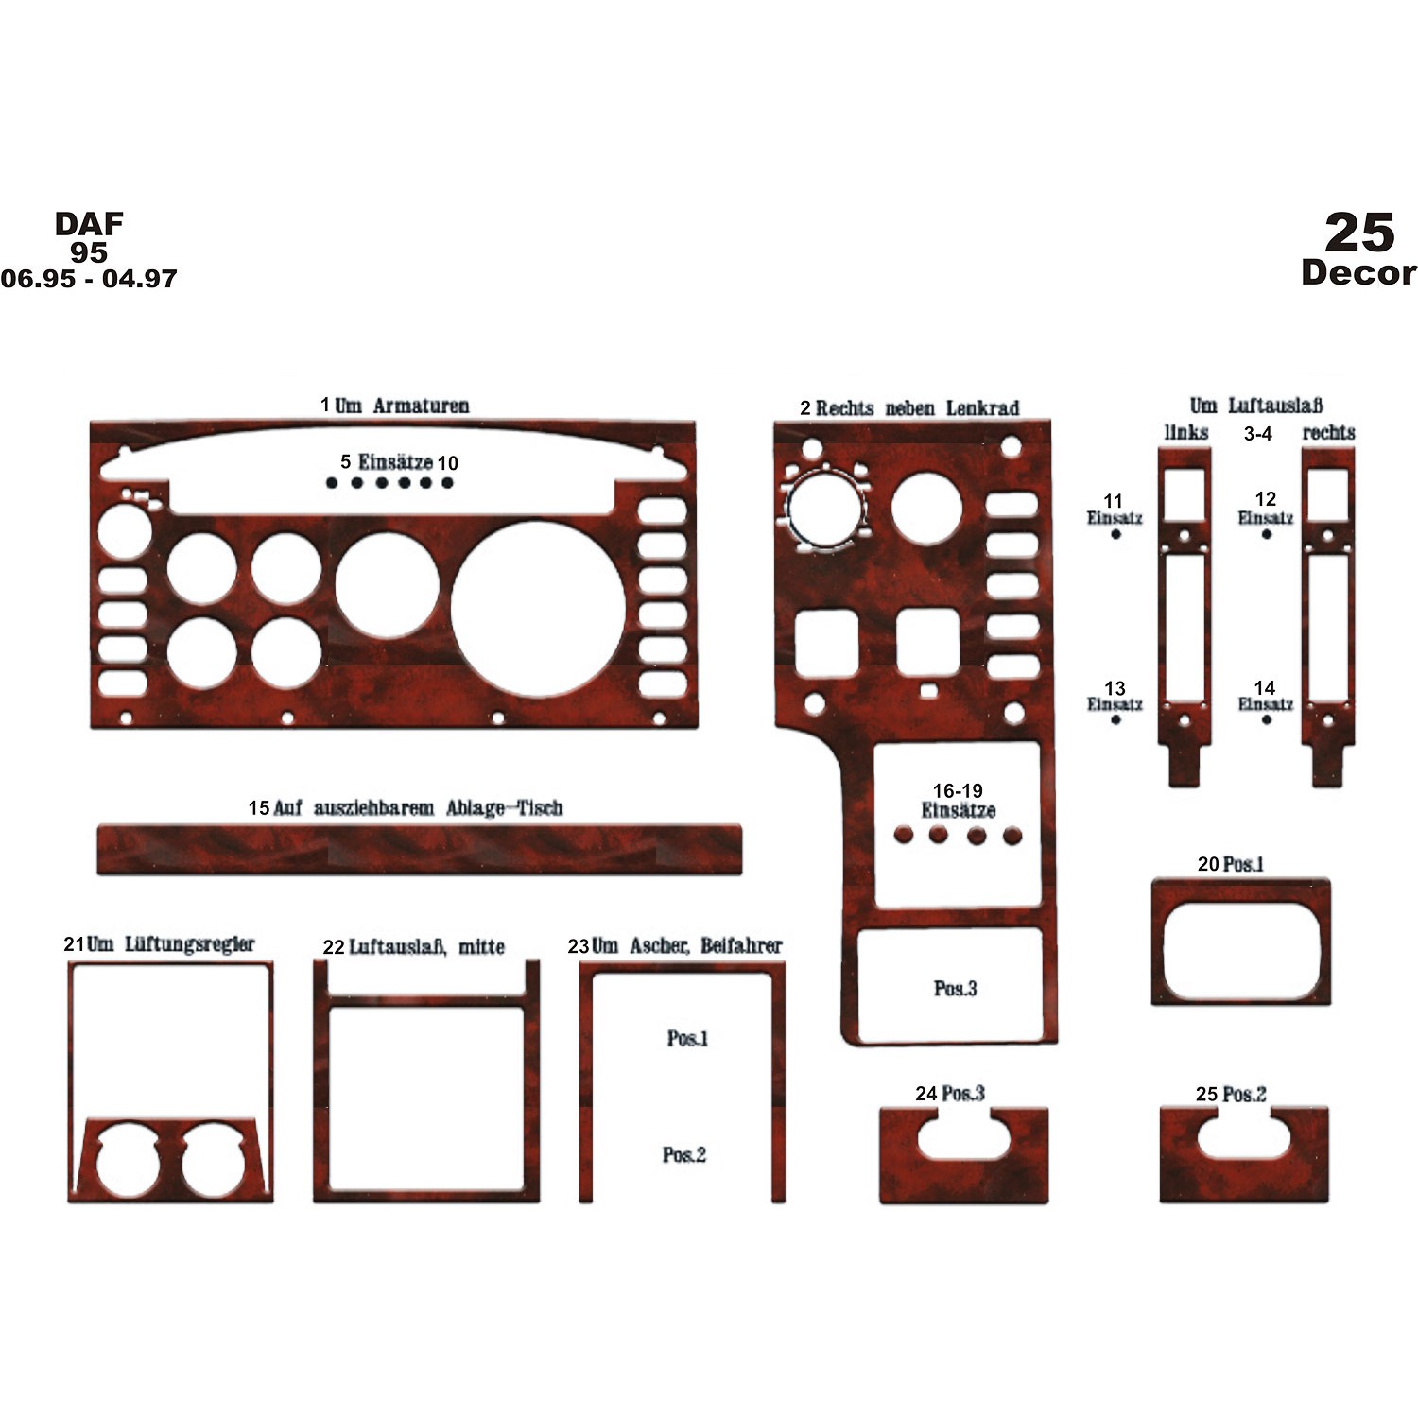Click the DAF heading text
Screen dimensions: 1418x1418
pos(89,224)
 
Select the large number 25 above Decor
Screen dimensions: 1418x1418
pos(1359,232)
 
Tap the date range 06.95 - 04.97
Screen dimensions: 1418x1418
pos(88,279)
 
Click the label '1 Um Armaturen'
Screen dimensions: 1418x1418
pos(394,406)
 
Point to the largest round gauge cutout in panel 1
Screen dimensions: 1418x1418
pos(538,609)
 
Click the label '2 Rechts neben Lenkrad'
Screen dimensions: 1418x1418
pos(909,408)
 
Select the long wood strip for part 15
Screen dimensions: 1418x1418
pos(420,850)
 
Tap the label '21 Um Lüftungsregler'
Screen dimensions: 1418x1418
pos(159,944)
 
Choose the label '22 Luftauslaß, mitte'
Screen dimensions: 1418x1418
pos(414,947)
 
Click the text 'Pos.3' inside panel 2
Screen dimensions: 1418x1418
pos(955,989)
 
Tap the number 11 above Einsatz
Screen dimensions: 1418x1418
pos(1114,500)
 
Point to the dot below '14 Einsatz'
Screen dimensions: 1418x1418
pos(1266,720)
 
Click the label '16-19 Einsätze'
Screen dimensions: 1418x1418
pos(958,801)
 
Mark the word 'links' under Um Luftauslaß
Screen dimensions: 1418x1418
pos(1186,432)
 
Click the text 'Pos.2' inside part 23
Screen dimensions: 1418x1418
pos(684,1155)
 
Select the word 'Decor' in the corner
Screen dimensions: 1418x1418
pos(1358,272)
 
